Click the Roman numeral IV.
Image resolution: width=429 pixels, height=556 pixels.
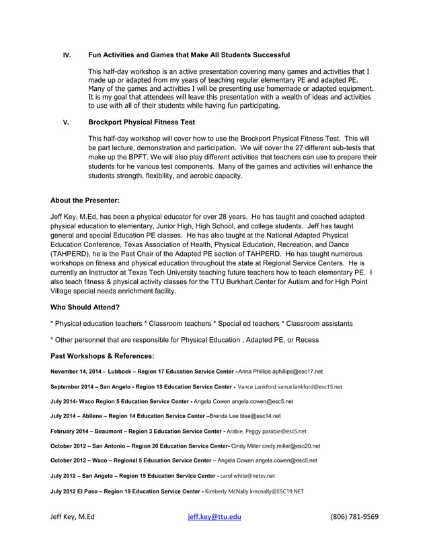click(x=66, y=55)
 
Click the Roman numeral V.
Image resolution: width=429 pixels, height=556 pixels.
click(x=66, y=123)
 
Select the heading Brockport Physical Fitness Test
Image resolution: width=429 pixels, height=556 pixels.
click(x=142, y=123)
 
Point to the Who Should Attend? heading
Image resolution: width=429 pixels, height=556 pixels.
click(x=85, y=307)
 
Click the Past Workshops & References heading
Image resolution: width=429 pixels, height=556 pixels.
click(x=102, y=355)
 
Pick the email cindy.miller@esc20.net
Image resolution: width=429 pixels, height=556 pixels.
click(x=291, y=446)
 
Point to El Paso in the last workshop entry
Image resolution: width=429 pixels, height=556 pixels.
click(x=78, y=491)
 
